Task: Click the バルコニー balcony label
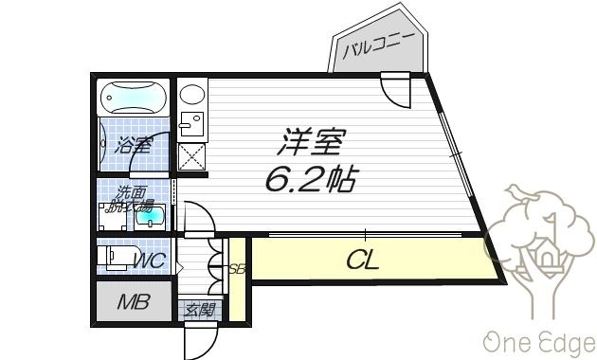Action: pos(378,45)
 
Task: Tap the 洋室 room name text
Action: pos(312,141)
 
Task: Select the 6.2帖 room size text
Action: pos(312,179)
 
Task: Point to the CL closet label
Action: pos(362,260)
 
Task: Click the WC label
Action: pos(150,261)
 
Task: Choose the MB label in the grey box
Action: pos(134,302)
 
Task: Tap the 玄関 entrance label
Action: pos(200,310)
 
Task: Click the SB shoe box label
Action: pos(237,269)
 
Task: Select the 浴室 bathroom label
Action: pos(134,145)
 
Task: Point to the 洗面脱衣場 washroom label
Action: pos(131,198)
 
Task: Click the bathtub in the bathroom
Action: pos(134,98)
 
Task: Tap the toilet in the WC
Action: pos(118,257)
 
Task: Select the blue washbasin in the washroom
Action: pos(150,217)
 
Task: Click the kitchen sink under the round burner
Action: pos(191,124)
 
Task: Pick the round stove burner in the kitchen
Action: pos(191,94)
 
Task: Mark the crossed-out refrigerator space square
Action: pos(192,156)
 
